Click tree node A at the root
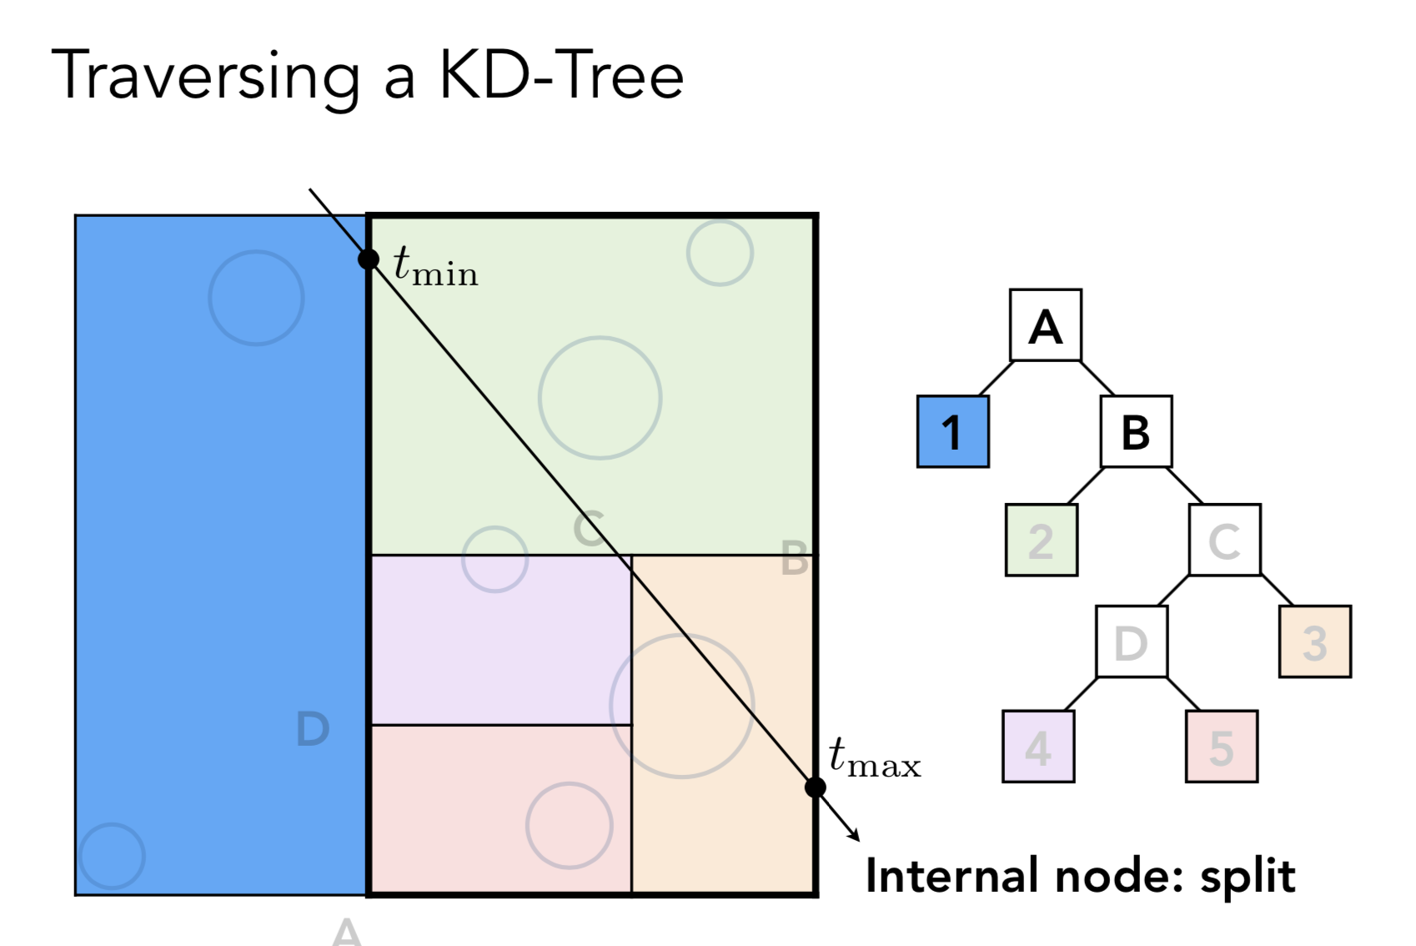coord(1045,325)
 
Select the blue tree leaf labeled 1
coord(952,431)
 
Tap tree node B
coord(1136,431)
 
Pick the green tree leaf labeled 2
coord(1041,541)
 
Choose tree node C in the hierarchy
coord(1224,541)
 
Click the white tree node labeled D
coord(1131,642)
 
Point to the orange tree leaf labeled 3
coord(1314,642)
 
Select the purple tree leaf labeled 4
coord(1037,747)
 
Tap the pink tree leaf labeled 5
coord(1221,747)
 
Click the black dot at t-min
coord(369,259)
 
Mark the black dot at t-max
coord(816,787)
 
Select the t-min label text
coord(434,266)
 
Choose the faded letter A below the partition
coord(347,932)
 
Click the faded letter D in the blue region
coord(313,729)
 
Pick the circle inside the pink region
coord(570,825)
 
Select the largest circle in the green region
coord(600,398)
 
